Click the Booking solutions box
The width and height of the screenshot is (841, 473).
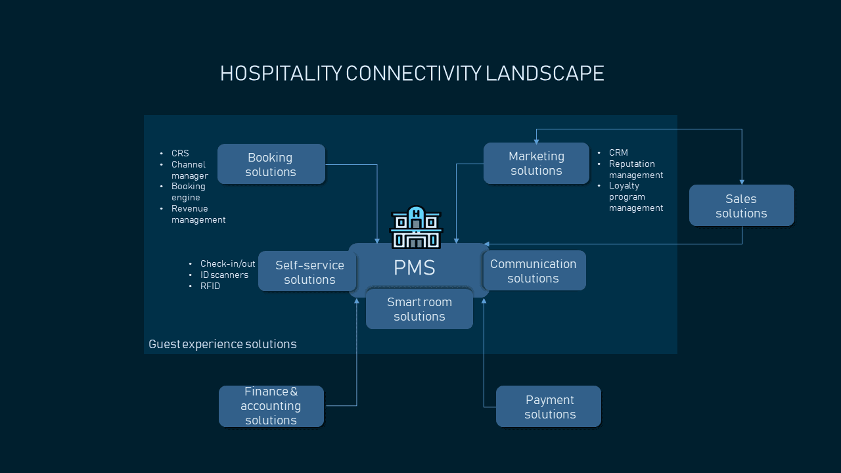click(271, 164)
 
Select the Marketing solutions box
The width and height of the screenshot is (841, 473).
click(536, 164)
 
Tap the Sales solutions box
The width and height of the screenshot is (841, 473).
click(742, 206)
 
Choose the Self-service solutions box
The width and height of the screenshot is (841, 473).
click(308, 271)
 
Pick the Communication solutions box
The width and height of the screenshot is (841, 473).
click(534, 270)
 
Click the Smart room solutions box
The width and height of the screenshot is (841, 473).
click(419, 309)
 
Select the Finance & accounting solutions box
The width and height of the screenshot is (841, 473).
click(271, 406)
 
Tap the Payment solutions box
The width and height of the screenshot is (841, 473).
click(549, 406)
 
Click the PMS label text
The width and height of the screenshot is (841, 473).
click(414, 267)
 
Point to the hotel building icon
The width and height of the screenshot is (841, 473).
click(416, 227)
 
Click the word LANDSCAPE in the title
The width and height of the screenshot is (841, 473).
click(545, 73)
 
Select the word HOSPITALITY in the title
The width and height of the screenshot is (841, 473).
click(281, 73)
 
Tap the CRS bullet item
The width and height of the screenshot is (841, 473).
click(180, 153)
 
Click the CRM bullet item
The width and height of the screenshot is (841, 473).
click(618, 152)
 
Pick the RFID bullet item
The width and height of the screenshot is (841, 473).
click(210, 286)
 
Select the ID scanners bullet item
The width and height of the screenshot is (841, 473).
click(224, 275)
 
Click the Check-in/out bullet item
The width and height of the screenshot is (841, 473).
click(227, 263)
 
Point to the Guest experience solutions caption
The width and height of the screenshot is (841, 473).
click(223, 344)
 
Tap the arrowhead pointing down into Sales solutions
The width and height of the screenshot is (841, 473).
click(742, 182)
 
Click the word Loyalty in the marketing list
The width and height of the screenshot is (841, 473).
click(624, 186)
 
